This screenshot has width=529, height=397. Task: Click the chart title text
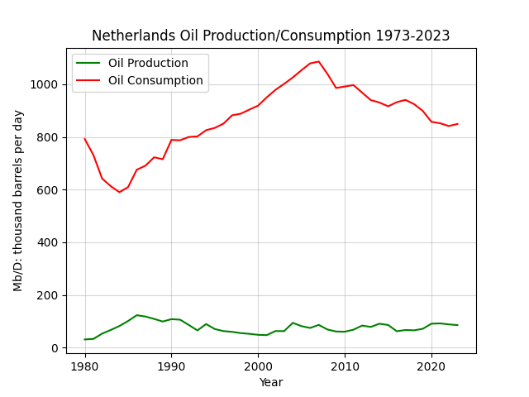(x=270, y=36)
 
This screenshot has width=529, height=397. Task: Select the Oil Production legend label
(x=148, y=63)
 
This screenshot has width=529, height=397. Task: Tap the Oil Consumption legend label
(x=155, y=80)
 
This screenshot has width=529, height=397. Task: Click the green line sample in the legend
(x=88, y=63)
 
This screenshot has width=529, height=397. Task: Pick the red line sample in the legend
(x=88, y=80)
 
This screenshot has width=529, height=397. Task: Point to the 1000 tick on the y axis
(x=44, y=84)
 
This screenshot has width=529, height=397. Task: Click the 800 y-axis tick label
(x=48, y=137)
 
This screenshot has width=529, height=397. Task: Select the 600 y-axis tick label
(x=48, y=189)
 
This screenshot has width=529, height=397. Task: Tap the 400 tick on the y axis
(x=48, y=242)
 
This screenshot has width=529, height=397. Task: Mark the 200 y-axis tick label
(x=48, y=295)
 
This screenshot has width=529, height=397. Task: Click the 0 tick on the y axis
(x=55, y=348)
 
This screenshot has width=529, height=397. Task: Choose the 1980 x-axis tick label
(x=85, y=366)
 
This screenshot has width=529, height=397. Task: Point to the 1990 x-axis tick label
(x=171, y=366)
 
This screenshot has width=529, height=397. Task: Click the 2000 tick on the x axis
(x=258, y=366)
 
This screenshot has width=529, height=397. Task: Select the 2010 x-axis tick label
(x=345, y=366)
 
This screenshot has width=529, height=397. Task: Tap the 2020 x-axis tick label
(x=431, y=366)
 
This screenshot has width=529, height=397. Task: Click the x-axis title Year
(x=271, y=382)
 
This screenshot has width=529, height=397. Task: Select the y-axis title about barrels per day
(x=18, y=201)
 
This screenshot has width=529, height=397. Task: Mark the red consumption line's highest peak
(x=319, y=61)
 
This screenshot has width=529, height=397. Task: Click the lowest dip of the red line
(x=119, y=192)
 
